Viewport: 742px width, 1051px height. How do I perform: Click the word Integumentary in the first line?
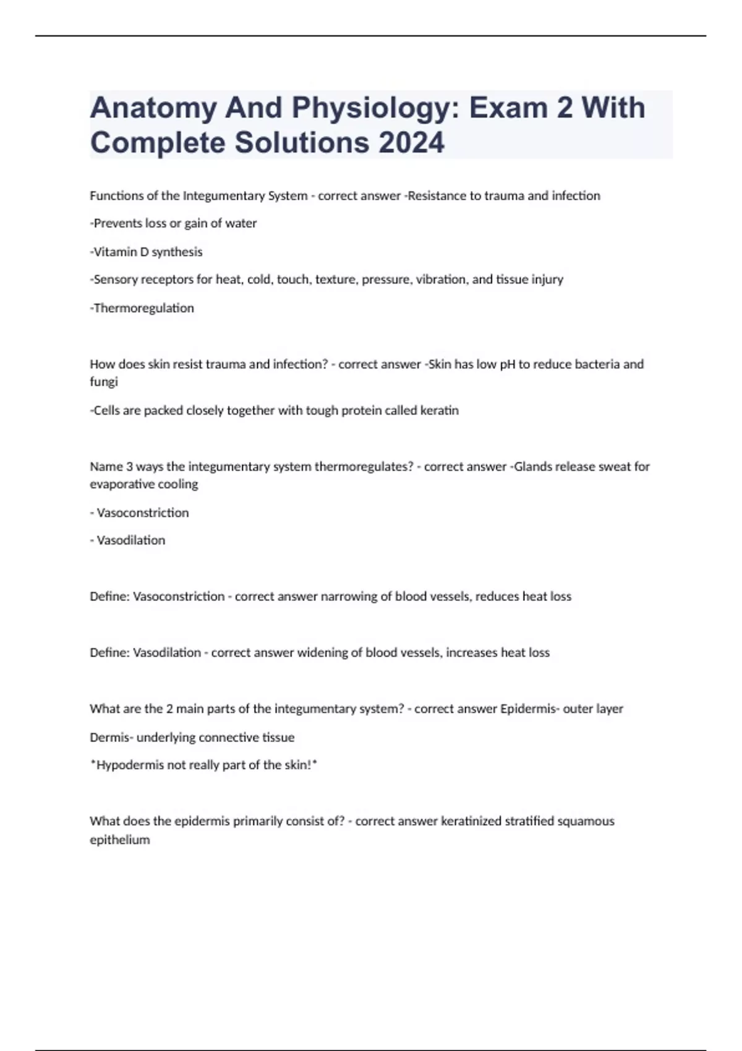tap(223, 196)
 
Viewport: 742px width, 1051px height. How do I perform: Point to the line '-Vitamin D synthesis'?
tap(147, 252)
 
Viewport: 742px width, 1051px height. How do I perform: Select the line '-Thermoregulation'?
tap(142, 308)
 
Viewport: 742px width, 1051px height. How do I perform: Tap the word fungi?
tap(104, 382)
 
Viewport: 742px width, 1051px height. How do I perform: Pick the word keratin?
tap(439, 411)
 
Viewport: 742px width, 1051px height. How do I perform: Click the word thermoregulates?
tap(364, 467)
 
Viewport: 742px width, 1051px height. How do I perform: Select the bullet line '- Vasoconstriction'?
tap(140, 513)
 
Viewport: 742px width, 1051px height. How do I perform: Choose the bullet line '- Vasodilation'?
tap(128, 540)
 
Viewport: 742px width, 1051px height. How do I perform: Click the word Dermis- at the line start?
tap(111, 738)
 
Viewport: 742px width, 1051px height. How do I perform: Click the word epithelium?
tap(120, 840)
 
